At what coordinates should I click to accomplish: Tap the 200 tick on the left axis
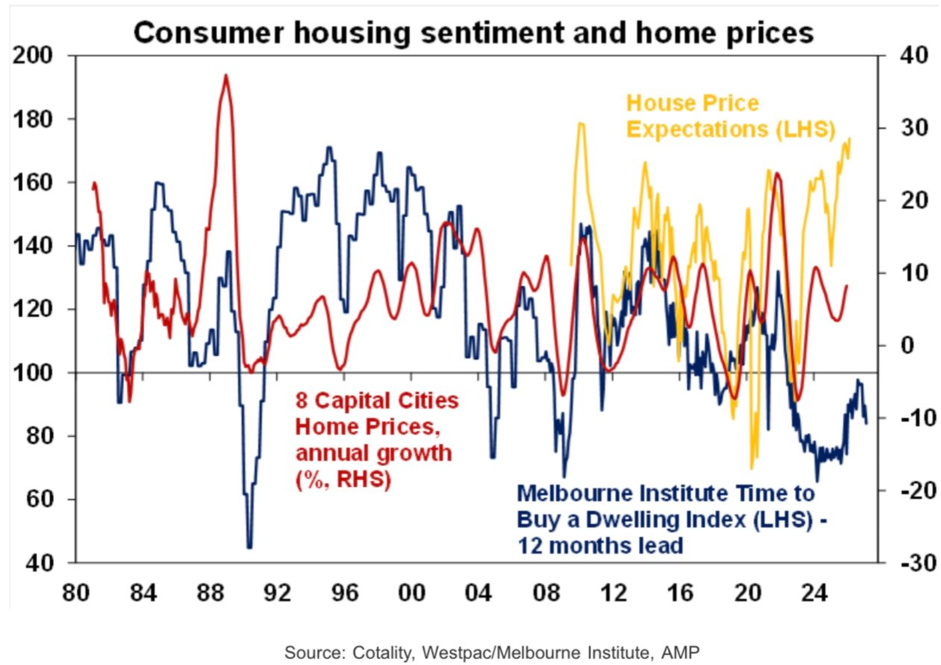tap(32, 55)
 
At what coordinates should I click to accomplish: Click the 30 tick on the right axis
tap(914, 128)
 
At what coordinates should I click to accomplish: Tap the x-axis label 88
tap(210, 593)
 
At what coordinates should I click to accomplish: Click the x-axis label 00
tap(412, 593)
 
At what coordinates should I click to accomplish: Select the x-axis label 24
tap(815, 593)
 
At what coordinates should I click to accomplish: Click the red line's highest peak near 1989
tap(226, 75)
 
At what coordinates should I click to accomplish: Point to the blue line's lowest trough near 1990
tap(249, 547)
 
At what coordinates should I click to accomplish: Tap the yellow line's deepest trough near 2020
tap(752, 467)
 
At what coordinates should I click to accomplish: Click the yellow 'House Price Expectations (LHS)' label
tap(730, 116)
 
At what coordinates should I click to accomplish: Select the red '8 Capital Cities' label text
tap(377, 401)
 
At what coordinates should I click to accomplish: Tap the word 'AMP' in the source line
tap(680, 652)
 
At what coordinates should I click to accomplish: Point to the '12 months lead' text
tap(600, 545)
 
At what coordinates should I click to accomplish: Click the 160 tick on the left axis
tap(32, 182)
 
